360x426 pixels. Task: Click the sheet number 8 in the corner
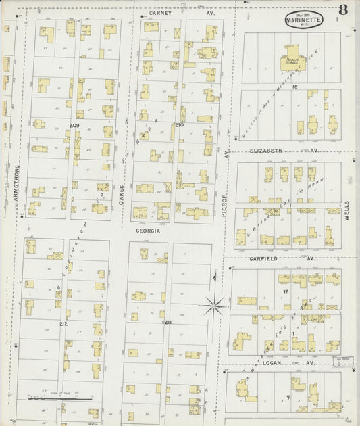[344, 9]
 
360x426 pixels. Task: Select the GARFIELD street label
[263, 258]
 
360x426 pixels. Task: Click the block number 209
[74, 126]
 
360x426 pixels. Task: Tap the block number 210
[179, 125]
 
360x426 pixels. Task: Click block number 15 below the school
[294, 87]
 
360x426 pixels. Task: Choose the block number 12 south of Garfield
[286, 291]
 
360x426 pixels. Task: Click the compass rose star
[215, 306]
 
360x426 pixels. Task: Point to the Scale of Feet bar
[61, 399]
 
